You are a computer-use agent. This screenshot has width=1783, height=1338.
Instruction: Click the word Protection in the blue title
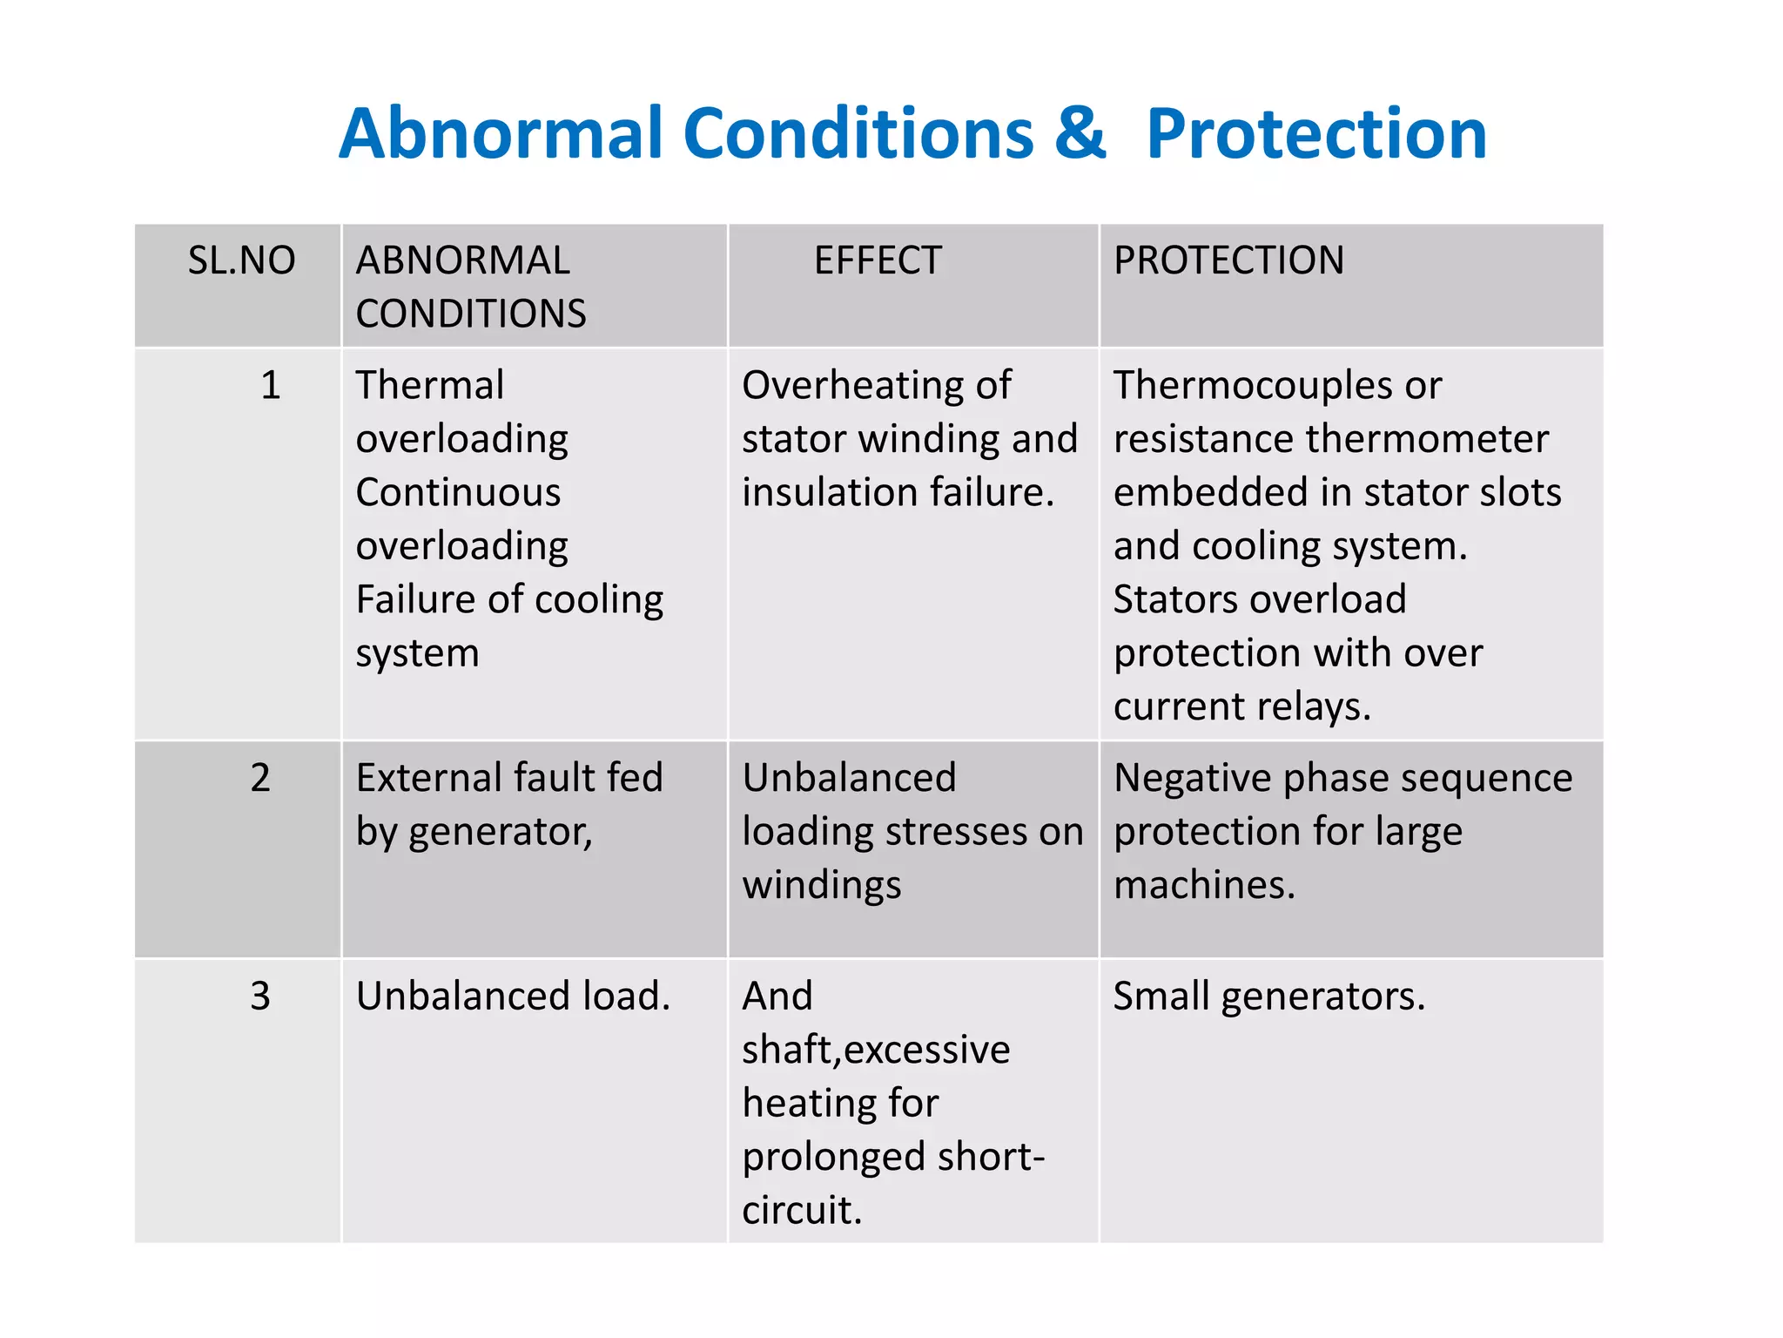click(x=1316, y=133)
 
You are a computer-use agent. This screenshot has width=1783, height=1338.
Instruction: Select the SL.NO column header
click(x=241, y=260)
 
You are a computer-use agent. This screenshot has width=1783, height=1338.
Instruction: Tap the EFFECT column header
click(x=878, y=260)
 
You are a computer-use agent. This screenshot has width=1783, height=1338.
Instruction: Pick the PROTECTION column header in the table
click(x=1228, y=260)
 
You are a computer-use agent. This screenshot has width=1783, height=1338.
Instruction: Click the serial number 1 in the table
click(x=271, y=385)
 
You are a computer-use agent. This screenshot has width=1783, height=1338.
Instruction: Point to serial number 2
click(x=260, y=777)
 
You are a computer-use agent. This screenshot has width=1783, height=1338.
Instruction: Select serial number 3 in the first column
click(x=260, y=996)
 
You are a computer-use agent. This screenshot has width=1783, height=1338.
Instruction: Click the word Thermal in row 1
click(x=430, y=385)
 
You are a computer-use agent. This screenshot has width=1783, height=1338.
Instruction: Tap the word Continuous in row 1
click(x=458, y=492)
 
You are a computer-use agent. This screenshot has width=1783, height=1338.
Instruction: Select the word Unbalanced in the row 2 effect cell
click(x=849, y=777)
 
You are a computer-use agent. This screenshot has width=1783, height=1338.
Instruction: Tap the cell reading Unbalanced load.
click(x=513, y=996)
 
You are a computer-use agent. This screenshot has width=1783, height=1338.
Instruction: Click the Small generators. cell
click(x=1269, y=996)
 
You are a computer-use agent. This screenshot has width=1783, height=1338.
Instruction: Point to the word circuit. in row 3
click(x=802, y=1210)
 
